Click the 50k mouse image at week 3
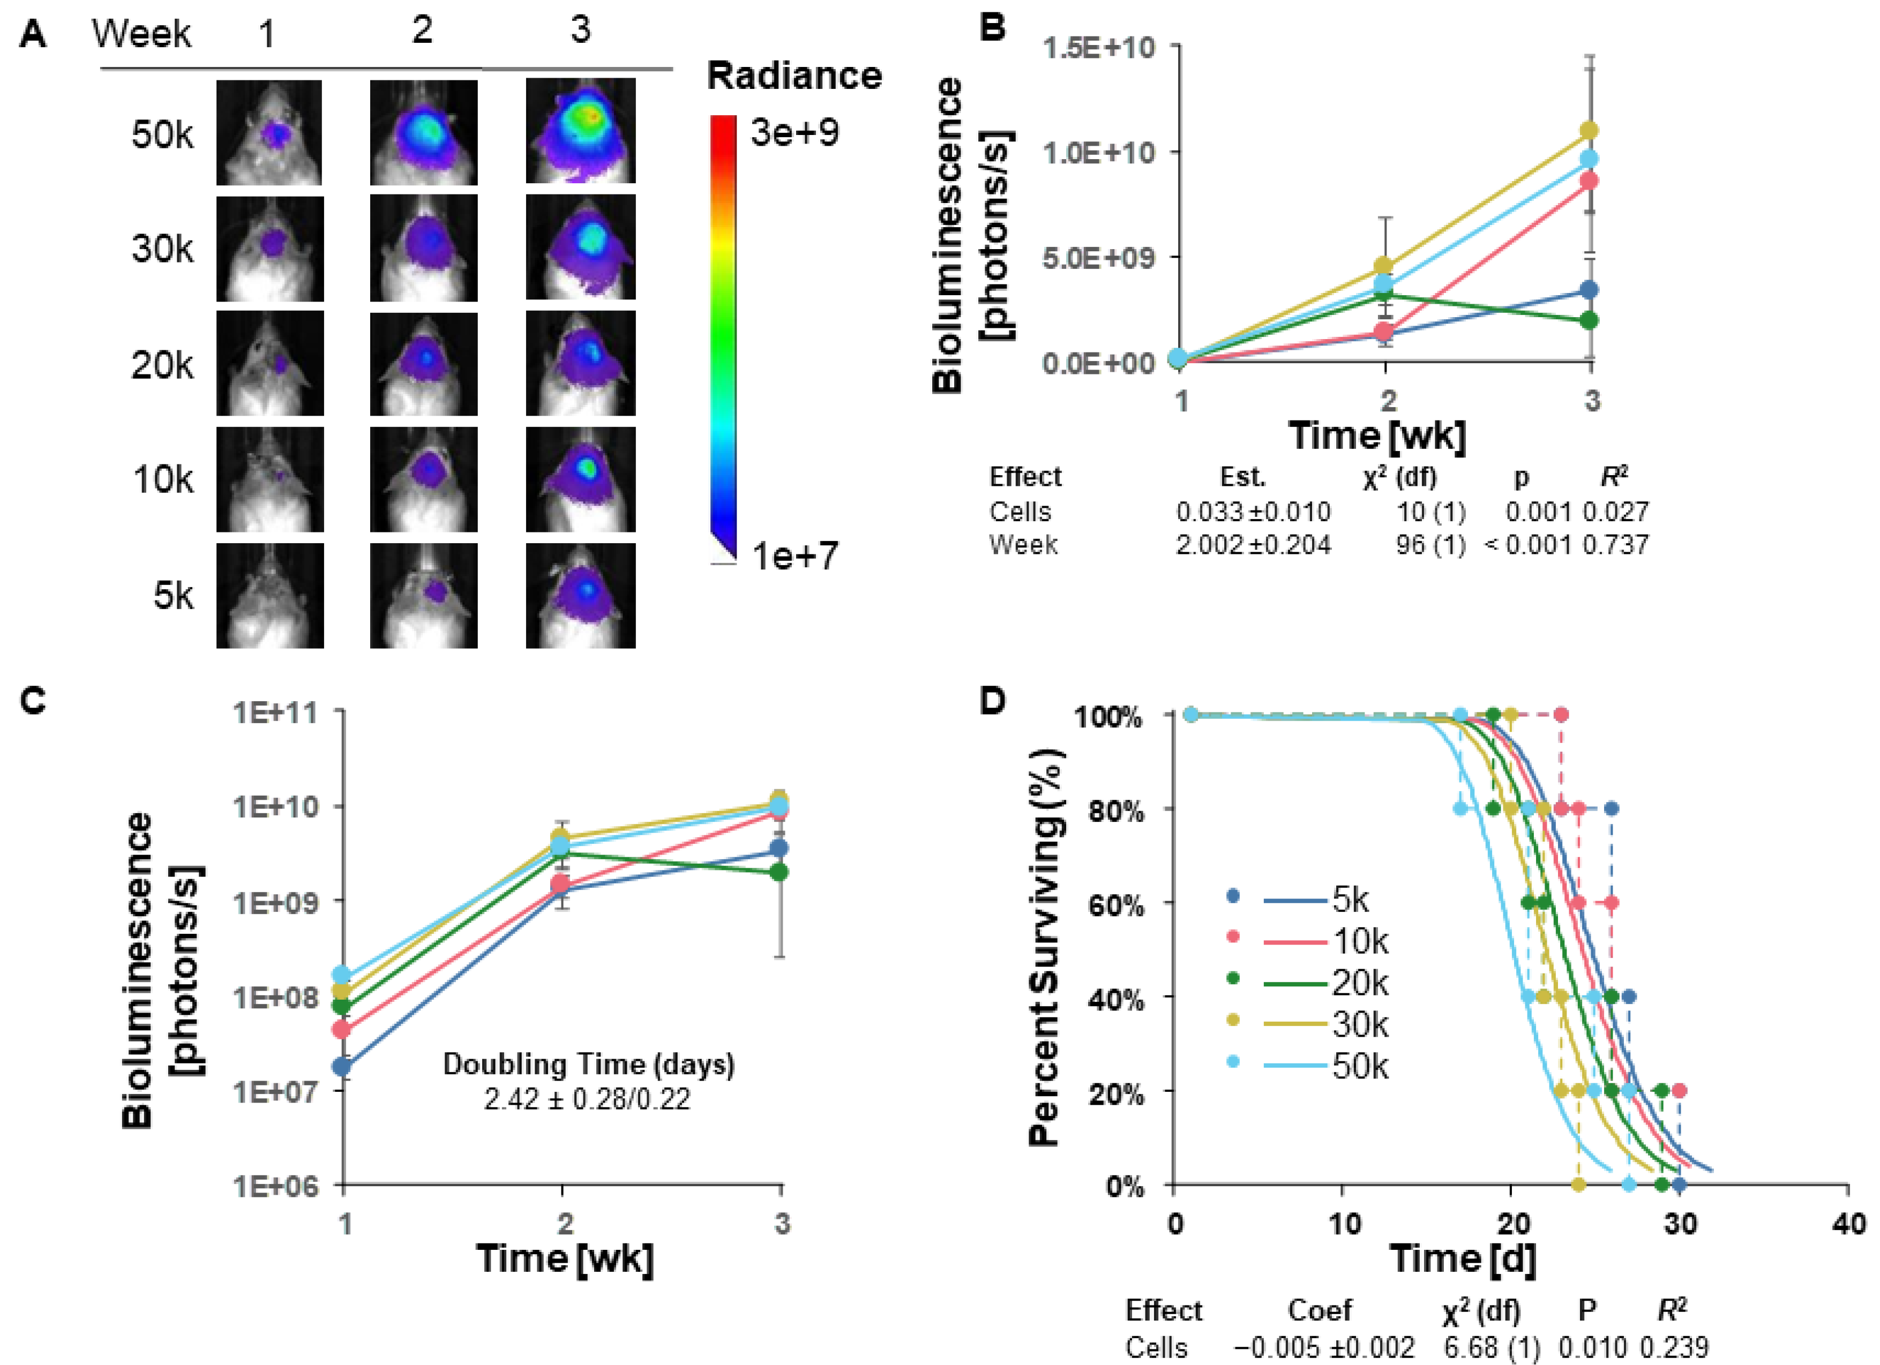click(580, 131)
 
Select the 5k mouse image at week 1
click(269, 595)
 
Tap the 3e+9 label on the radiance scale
click(794, 133)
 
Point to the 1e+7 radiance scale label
click(794, 556)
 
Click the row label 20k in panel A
click(162, 365)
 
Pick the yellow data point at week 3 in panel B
click(1589, 131)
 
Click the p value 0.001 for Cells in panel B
click(1538, 512)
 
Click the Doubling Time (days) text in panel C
click(588, 1064)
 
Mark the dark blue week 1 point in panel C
click(341, 1067)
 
